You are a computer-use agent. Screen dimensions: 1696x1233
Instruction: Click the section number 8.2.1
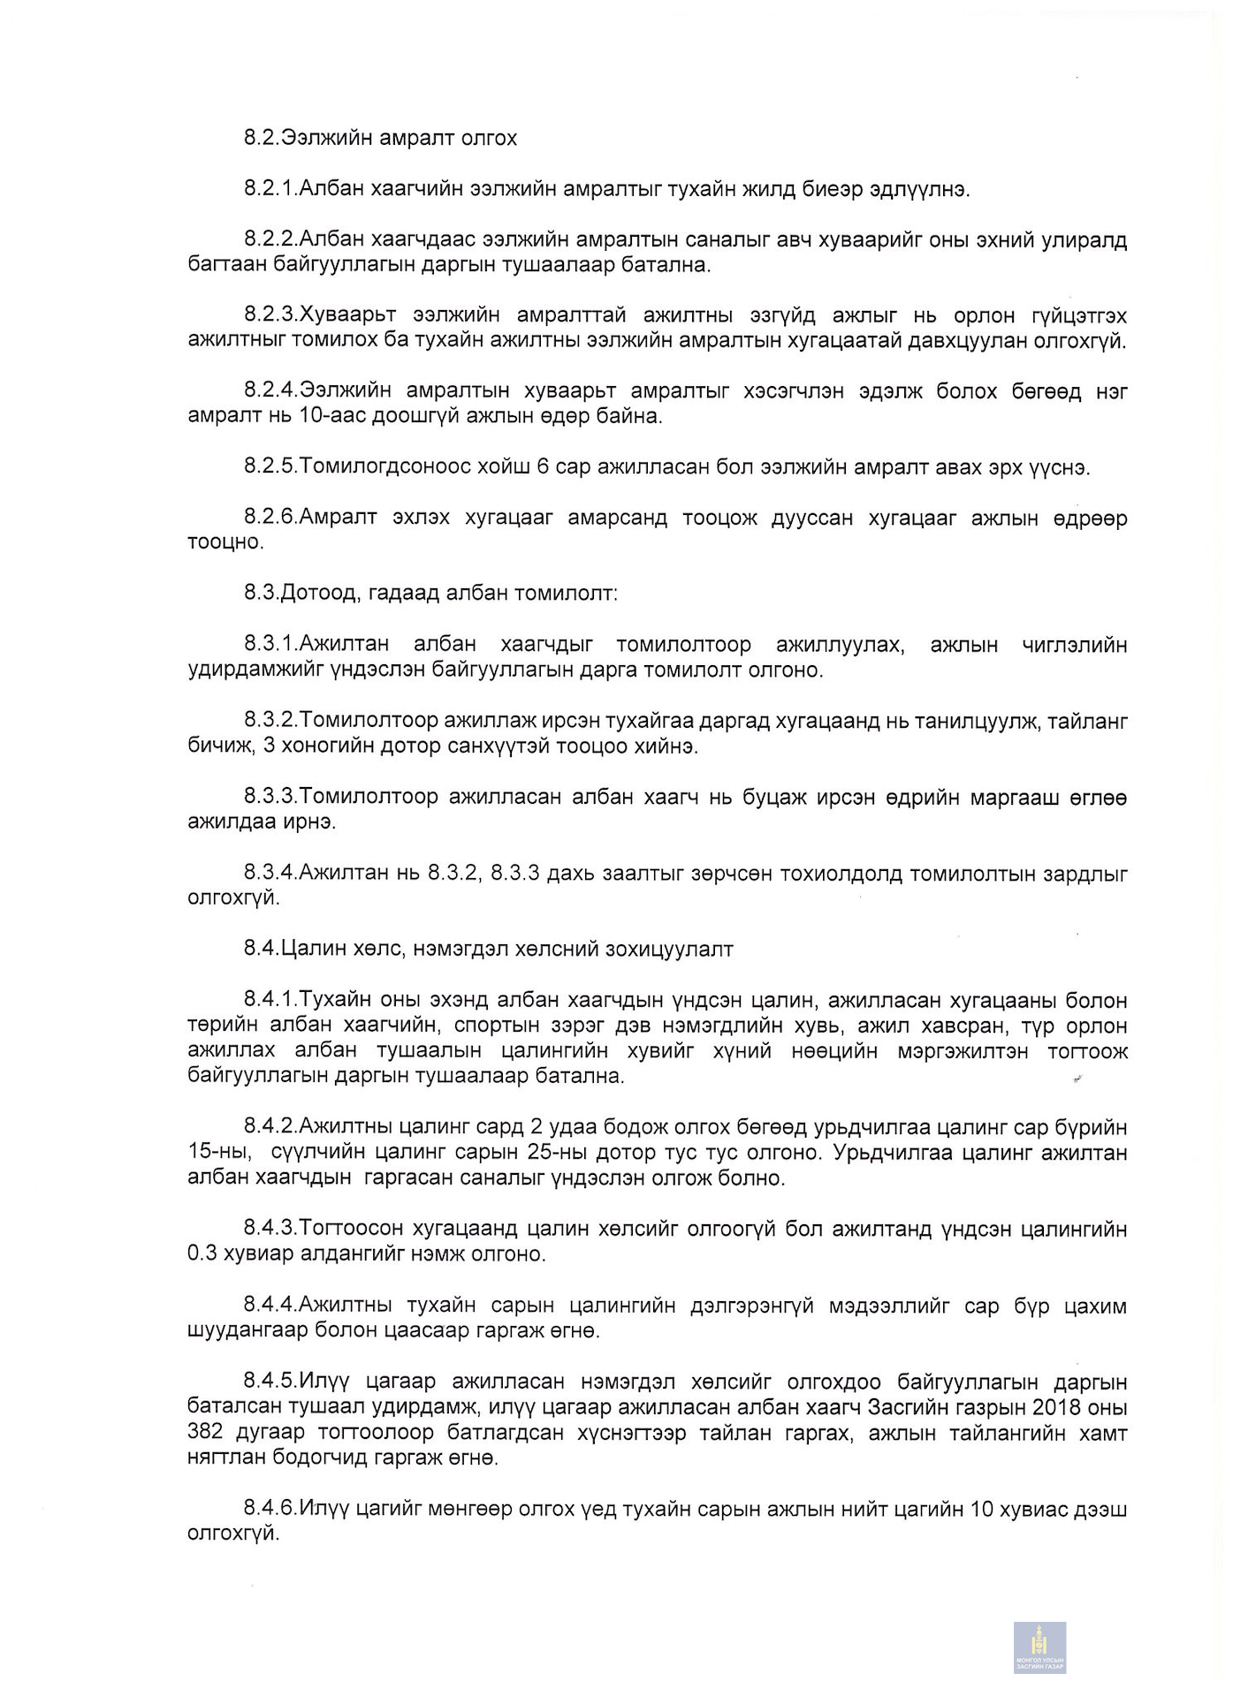[270, 189]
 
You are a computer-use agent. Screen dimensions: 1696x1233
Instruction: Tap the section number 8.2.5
[270, 467]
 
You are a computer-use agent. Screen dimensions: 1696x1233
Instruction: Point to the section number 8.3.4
[270, 874]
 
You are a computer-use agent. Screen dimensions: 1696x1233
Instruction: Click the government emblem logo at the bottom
[1039, 1647]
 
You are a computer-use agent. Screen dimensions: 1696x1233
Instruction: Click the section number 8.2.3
[270, 316]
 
